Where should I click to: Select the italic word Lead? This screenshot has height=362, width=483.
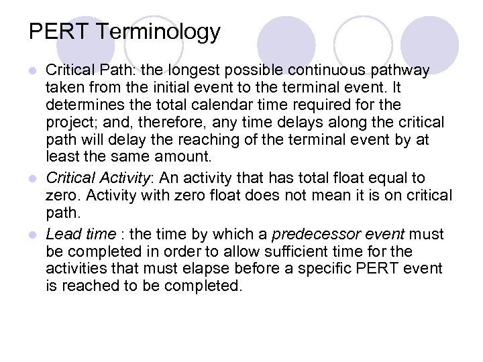(60, 234)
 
